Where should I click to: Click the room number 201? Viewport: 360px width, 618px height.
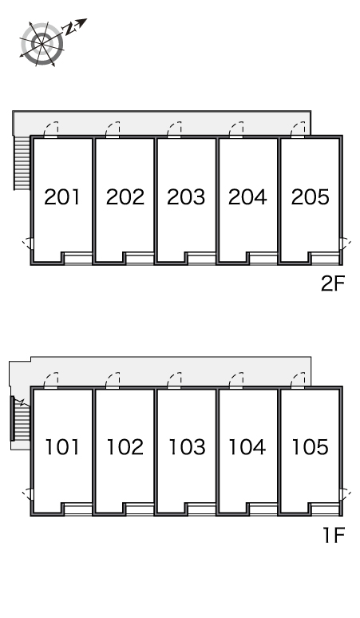click(x=61, y=196)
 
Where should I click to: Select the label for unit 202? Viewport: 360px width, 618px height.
click(x=125, y=196)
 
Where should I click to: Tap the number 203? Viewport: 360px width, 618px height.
click(x=186, y=196)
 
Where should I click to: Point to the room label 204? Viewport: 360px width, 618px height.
click(x=247, y=196)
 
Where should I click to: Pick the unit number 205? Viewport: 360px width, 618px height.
click(x=310, y=196)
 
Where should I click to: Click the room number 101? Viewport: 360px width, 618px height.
click(x=61, y=447)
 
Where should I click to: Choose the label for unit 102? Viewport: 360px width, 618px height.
click(x=125, y=447)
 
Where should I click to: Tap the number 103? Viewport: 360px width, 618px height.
click(x=187, y=447)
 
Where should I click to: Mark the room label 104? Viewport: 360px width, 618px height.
click(x=247, y=447)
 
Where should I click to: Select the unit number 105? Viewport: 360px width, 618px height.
click(x=310, y=447)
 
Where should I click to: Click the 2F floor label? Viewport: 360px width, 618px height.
click(x=333, y=283)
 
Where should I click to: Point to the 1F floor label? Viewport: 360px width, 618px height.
click(x=334, y=535)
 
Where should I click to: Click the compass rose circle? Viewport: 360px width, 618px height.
click(x=42, y=42)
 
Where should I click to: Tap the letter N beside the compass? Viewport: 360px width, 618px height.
click(x=70, y=29)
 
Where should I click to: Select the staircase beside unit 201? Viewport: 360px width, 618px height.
click(x=22, y=162)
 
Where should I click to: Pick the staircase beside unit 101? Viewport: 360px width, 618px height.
click(x=21, y=418)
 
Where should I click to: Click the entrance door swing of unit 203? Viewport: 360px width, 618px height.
click(x=174, y=130)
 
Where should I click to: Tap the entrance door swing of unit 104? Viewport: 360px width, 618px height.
click(x=236, y=381)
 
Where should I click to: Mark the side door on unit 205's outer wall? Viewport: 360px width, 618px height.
click(x=345, y=244)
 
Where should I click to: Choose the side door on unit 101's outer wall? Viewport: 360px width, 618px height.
click(x=28, y=494)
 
